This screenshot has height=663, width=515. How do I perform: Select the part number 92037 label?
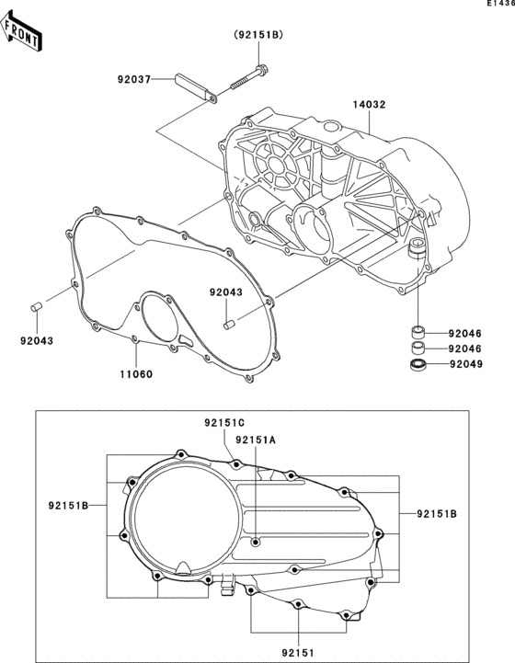click(134, 79)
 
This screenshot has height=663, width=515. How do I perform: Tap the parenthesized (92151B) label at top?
click(258, 35)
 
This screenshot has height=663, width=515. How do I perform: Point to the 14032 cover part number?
click(370, 105)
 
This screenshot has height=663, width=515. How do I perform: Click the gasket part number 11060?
click(136, 374)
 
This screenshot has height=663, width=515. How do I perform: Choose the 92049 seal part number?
click(466, 363)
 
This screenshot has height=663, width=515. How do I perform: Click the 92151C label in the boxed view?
click(224, 422)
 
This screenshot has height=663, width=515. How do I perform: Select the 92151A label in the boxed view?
click(256, 440)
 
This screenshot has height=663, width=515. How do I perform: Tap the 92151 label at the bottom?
click(299, 653)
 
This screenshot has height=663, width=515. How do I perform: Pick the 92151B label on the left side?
click(68, 505)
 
